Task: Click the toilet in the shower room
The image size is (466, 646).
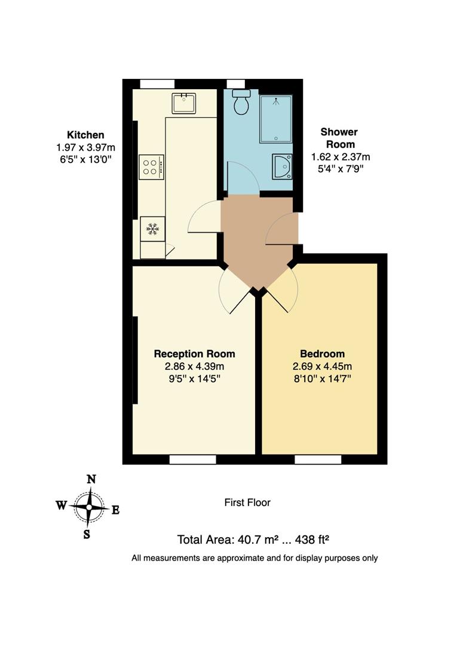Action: [241, 103]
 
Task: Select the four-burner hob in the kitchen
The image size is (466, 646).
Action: [151, 166]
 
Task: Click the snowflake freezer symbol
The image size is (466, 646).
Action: [152, 229]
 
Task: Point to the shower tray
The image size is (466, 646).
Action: [275, 118]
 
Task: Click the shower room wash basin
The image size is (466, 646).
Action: [282, 167]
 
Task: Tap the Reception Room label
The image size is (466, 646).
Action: [194, 354]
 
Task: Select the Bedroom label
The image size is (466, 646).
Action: [322, 354]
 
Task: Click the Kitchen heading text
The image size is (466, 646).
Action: [85, 135]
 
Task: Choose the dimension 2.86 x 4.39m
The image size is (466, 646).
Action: [194, 366]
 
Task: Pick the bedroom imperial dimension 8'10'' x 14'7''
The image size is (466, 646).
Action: [322, 378]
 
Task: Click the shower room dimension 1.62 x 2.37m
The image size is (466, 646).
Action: [341, 157]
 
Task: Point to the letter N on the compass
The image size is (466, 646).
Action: [91, 479]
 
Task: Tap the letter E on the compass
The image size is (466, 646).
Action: [116, 510]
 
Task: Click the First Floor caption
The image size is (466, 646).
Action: [247, 502]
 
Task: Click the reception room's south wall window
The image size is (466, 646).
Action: [192, 459]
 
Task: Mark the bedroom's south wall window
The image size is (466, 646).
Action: [318, 459]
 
